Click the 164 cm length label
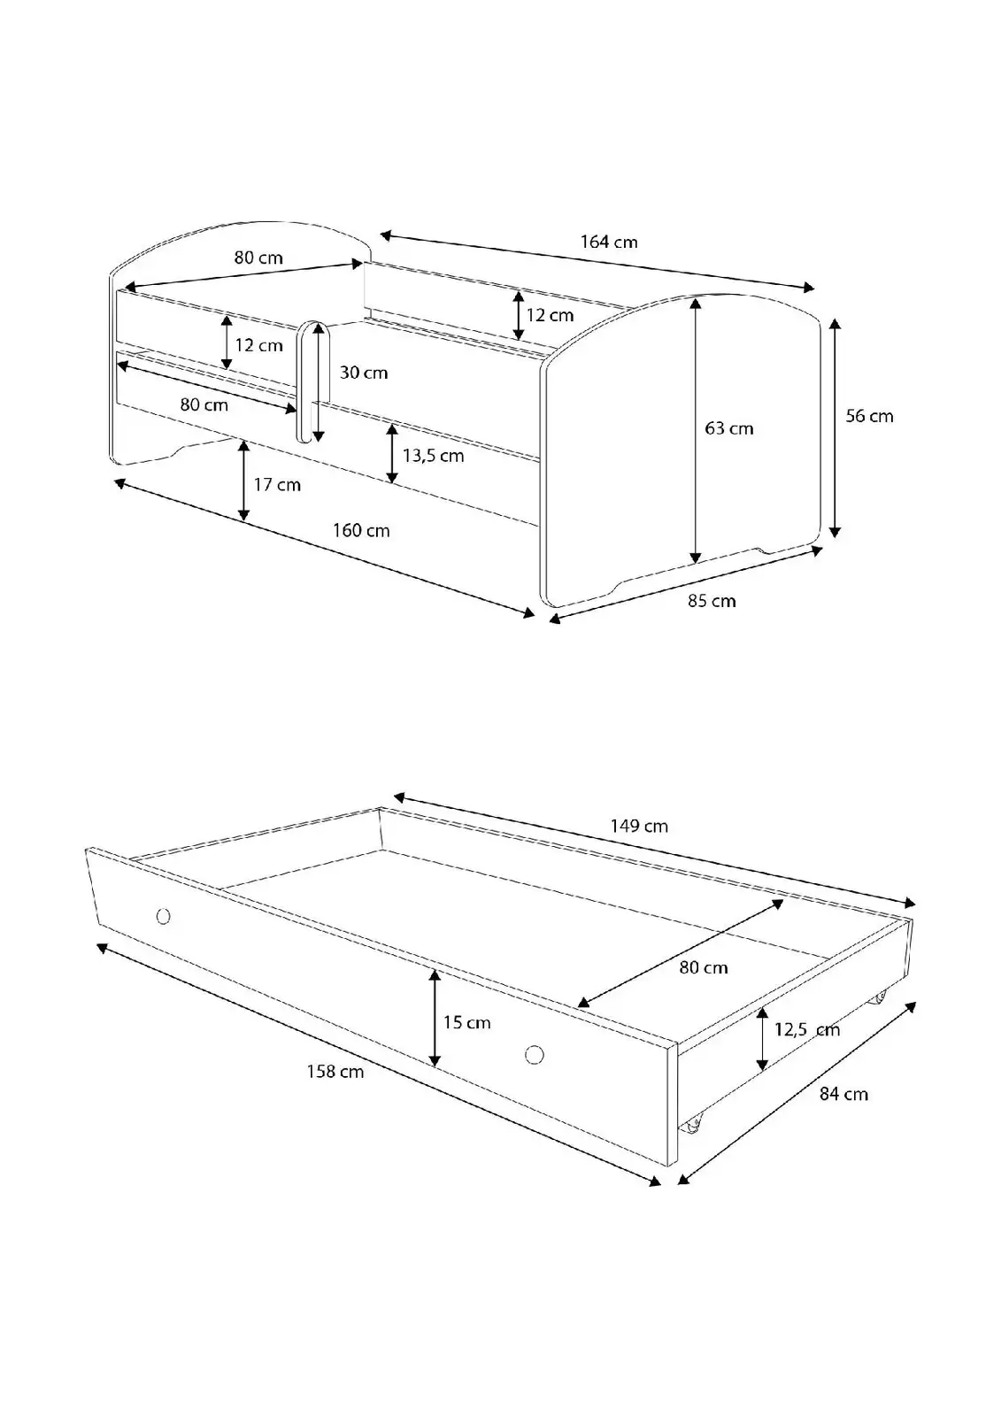(609, 242)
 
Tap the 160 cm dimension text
(361, 530)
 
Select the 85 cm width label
(712, 601)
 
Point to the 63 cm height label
(729, 428)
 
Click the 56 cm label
(869, 416)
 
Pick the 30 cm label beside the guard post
(364, 373)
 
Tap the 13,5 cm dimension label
(433, 456)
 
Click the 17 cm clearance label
(277, 485)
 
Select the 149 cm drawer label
(639, 827)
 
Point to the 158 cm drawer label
(335, 1072)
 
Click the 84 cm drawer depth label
(843, 1094)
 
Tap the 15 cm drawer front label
(466, 1023)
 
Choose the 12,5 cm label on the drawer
(807, 1030)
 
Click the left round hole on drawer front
(163, 916)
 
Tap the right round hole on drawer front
(535, 1054)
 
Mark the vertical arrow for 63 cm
(696, 430)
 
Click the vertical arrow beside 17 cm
(243, 481)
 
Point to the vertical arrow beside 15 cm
(435, 1019)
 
